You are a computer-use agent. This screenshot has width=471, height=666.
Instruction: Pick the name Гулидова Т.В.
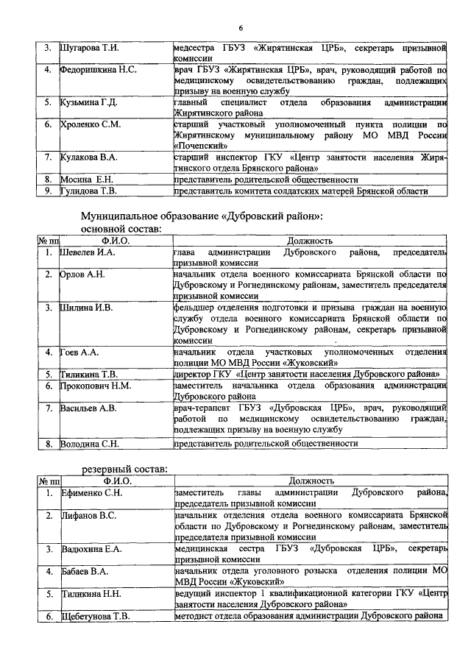(89, 191)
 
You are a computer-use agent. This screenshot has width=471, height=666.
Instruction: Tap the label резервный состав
(124, 469)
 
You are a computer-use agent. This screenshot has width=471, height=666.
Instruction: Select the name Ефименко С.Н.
(91, 492)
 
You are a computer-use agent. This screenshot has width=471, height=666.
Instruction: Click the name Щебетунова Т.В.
(96, 616)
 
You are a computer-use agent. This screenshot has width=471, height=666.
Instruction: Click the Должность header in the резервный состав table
(311, 481)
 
